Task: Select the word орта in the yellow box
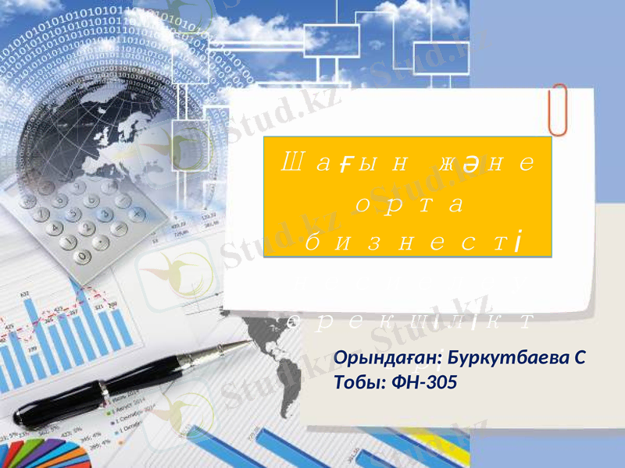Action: point(409,204)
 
